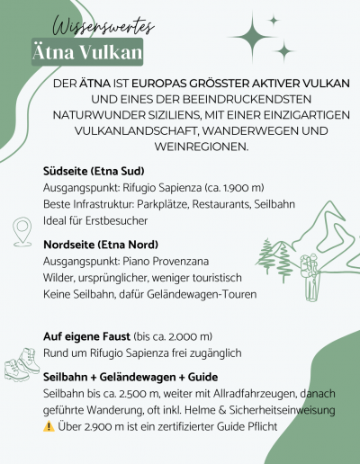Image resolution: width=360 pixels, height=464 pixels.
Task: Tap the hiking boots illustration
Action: (19, 366)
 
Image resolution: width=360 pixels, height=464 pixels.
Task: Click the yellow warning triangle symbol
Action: (49, 426)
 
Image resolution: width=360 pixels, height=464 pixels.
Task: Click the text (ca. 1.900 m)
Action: (231, 188)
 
